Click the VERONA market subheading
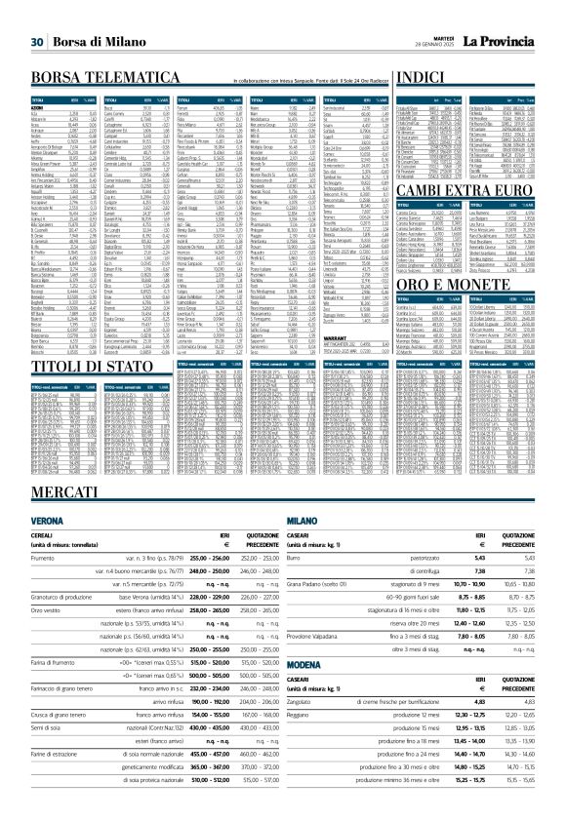coord(30,548)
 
